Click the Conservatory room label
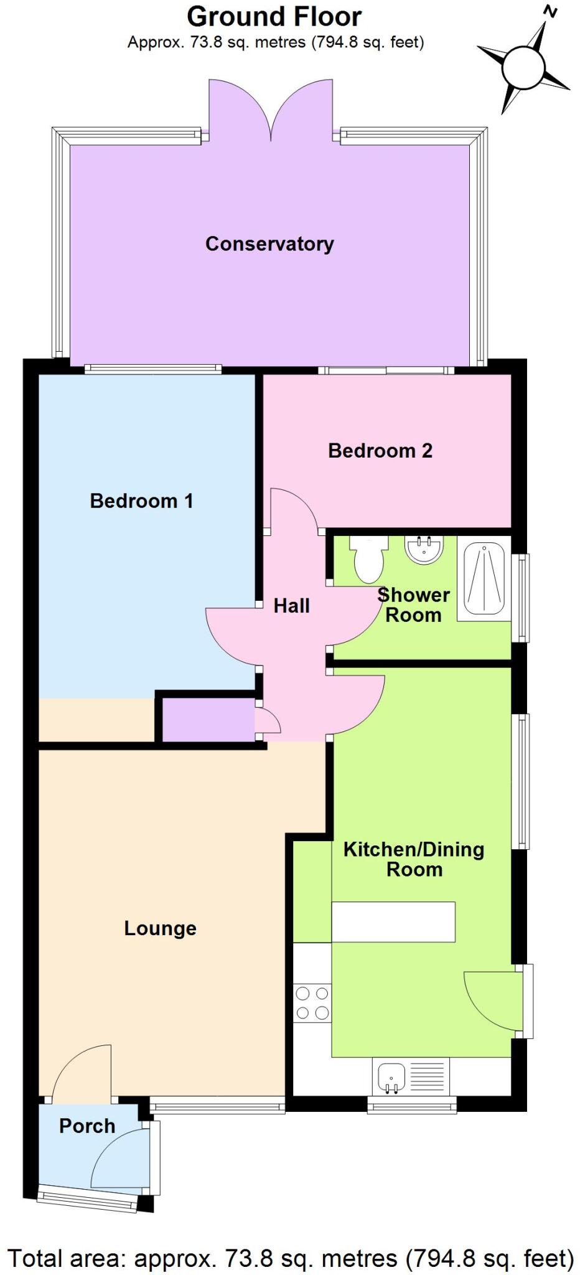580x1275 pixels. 269,243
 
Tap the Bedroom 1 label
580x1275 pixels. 141,501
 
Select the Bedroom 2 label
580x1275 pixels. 380,450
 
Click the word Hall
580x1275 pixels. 291,605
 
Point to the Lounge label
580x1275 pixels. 160,928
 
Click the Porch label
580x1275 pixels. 87,1126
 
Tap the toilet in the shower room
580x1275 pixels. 368,558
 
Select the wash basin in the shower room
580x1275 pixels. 424,548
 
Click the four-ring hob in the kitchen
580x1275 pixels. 312,1003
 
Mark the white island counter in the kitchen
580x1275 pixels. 393,921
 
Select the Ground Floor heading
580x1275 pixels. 274,17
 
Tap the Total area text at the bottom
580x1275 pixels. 290,1258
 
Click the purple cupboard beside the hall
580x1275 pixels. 208,720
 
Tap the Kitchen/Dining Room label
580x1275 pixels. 414,859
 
